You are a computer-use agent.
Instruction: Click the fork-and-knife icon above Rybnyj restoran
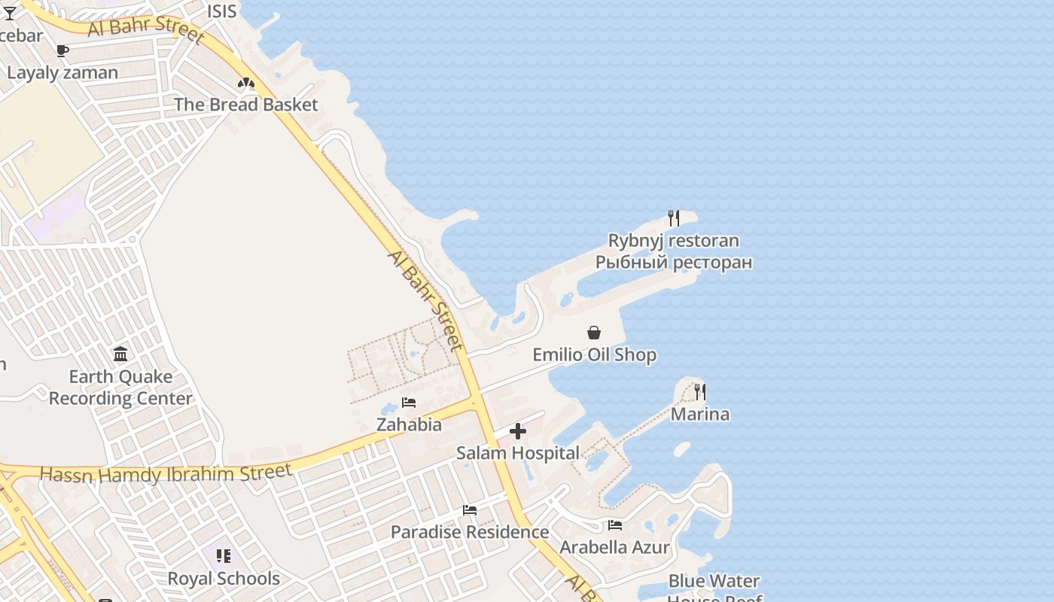coord(674,218)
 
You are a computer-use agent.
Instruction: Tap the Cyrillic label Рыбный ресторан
coord(674,263)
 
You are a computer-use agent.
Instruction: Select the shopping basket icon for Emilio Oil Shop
coord(594,333)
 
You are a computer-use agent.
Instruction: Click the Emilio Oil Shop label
coord(594,354)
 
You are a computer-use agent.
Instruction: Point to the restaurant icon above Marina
coord(699,391)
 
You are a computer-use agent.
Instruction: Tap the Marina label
coord(699,414)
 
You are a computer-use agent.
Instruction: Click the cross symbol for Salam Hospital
coord(518,431)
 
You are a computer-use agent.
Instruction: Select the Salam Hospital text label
coord(518,453)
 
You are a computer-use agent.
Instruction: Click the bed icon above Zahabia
coord(409,403)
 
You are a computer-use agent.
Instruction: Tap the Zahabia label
coord(409,424)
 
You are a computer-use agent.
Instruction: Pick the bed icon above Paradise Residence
coord(470,510)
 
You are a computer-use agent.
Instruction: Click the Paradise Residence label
coord(470,532)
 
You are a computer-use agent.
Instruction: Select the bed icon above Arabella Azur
coord(615,525)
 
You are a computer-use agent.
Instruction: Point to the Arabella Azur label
coord(615,547)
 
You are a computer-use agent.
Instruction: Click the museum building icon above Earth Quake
coord(120,354)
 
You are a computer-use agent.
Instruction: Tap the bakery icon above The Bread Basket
coord(246,83)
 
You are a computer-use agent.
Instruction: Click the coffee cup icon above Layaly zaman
coord(62,50)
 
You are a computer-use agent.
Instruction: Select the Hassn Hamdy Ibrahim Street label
coord(166,474)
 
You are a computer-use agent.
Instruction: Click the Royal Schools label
coord(224,579)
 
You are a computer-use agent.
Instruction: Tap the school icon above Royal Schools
coord(224,556)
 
